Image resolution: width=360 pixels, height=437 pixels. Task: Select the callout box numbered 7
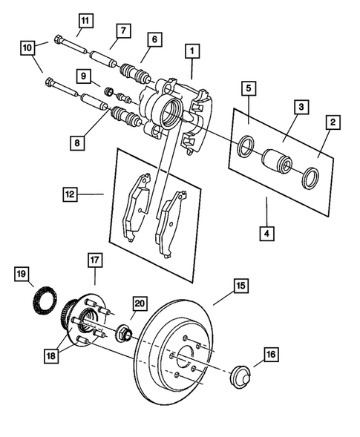(123, 30)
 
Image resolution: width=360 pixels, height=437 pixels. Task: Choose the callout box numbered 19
(24, 273)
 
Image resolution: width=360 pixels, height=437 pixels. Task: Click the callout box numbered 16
(270, 355)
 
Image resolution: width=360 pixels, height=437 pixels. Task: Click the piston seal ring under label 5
(243, 146)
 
